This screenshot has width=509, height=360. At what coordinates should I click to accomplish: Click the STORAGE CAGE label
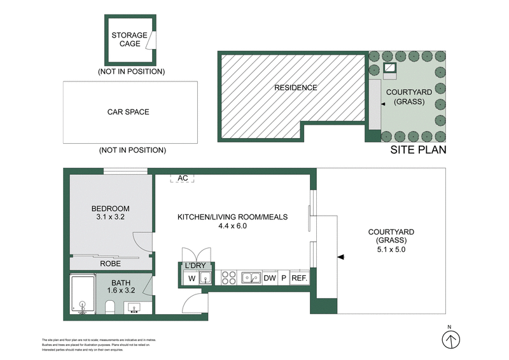129,39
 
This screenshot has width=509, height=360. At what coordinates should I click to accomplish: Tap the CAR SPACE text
128,112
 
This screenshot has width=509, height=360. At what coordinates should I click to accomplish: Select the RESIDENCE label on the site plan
295,88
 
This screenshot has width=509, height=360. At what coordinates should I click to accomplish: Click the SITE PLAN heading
417,150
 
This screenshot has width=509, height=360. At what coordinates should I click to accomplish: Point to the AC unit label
183,179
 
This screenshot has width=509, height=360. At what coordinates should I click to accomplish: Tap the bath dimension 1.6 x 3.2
121,291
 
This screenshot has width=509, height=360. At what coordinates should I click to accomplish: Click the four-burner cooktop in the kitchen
228,278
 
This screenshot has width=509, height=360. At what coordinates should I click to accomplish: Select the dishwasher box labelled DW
269,278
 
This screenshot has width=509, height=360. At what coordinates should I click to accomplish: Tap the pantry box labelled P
284,278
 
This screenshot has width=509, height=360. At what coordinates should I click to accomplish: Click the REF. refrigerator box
299,278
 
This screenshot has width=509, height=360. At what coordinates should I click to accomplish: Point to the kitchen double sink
251,277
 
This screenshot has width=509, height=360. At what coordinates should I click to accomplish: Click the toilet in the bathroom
109,308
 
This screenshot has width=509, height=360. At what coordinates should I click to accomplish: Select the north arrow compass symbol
450,341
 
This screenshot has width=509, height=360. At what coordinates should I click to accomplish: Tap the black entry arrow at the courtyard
341,257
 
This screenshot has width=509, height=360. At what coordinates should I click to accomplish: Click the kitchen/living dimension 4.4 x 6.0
232,226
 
